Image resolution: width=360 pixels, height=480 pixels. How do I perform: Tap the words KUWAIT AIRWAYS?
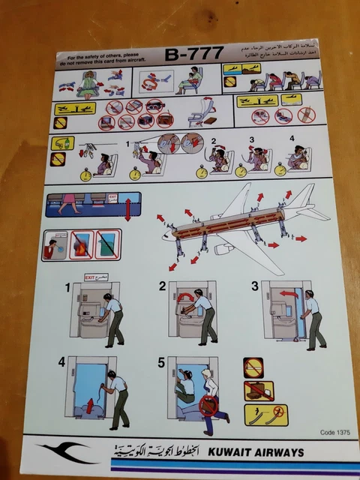tap(258, 452)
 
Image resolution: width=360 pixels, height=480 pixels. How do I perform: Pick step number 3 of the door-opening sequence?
tap(254, 285)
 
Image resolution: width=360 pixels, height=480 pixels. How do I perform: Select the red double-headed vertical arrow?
tap(127, 209)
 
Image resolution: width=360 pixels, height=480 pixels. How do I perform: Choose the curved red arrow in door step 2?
tap(184, 298)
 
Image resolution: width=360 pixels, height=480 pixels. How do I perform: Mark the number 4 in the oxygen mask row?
tap(292, 139)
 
